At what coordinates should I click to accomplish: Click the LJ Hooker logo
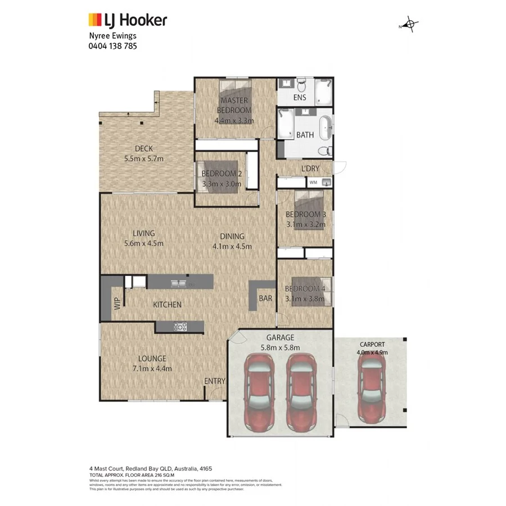pyautogui.click(x=128, y=21)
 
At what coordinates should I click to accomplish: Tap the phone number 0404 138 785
pyautogui.click(x=112, y=46)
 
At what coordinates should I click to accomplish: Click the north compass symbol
pyautogui.click(x=410, y=25)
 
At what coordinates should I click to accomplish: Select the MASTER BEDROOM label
pyautogui.click(x=234, y=105)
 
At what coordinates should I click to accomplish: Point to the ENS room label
pyautogui.click(x=300, y=98)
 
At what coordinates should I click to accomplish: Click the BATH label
pyautogui.click(x=305, y=135)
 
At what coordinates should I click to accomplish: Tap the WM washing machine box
pyautogui.click(x=313, y=183)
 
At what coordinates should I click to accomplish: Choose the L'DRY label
pyautogui.click(x=310, y=169)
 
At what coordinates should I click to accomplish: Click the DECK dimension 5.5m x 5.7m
pyautogui.click(x=144, y=159)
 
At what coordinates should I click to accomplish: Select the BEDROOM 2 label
pyautogui.click(x=222, y=174)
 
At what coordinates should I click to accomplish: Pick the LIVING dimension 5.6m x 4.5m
pyautogui.click(x=144, y=243)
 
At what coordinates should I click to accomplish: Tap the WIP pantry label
pyautogui.click(x=118, y=304)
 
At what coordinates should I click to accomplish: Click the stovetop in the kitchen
pyautogui.click(x=180, y=326)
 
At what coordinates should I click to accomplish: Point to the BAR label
pyautogui.click(x=265, y=299)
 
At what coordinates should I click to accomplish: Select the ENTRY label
pyautogui.click(x=214, y=381)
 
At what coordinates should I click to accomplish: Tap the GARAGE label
pyautogui.click(x=281, y=338)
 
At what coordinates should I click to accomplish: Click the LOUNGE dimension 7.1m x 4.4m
pyautogui.click(x=152, y=369)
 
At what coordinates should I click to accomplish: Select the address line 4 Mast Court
pyautogui.click(x=150, y=468)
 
